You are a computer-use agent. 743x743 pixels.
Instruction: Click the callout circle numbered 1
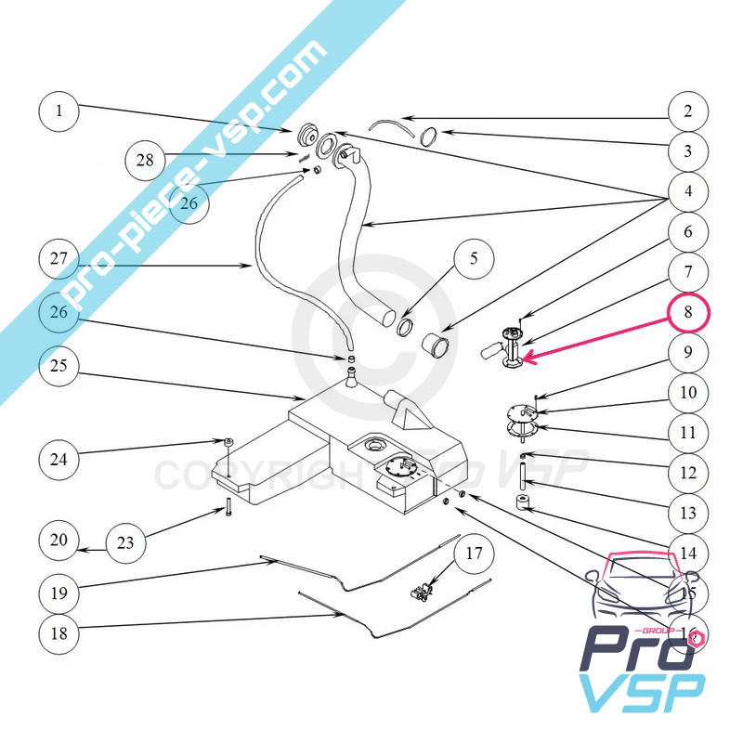click(60, 111)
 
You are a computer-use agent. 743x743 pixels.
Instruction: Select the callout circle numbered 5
click(474, 259)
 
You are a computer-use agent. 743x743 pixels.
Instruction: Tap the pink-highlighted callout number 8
click(687, 312)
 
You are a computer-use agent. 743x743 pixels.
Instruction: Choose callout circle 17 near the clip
click(474, 555)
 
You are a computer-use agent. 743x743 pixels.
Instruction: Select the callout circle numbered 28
click(146, 159)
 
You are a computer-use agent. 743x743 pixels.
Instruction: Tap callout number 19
click(60, 591)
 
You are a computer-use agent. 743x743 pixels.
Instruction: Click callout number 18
click(60, 634)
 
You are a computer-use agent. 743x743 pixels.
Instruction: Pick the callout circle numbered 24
click(60, 458)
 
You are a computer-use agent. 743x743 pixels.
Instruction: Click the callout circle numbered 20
click(60, 540)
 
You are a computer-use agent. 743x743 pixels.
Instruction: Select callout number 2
click(687, 111)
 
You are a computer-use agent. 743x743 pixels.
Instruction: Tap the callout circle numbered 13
click(687, 513)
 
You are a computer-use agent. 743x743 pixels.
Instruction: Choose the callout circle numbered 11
click(687, 432)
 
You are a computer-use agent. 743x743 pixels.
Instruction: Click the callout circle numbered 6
click(687, 232)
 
